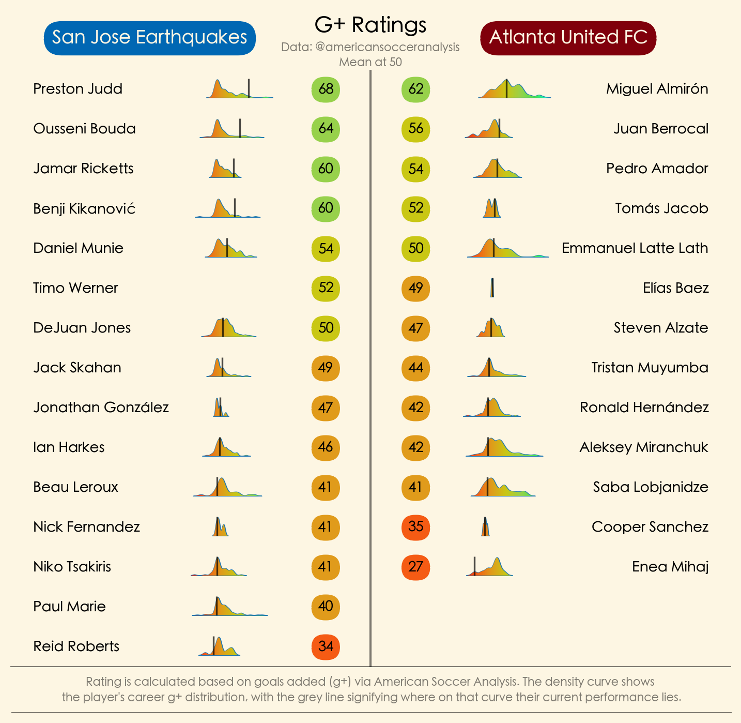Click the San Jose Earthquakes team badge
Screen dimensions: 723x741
[x=150, y=38]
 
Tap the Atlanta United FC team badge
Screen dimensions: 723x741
[x=568, y=38]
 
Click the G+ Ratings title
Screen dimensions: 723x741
[x=371, y=25]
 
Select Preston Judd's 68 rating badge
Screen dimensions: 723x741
[x=326, y=89]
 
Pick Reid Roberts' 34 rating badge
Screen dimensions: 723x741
[x=326, y=646]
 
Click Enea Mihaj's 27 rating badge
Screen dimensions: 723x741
[x=415, y=567]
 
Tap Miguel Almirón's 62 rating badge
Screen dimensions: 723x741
[x=415, y=89]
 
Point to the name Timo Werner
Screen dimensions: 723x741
[x=75, y=288]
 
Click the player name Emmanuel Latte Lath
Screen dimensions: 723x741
[x=635, y=248]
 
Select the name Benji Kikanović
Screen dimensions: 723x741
[x=84, y=208]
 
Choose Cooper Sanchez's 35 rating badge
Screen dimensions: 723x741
[x=415, y=527]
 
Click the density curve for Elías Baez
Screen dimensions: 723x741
[x=492, y=288]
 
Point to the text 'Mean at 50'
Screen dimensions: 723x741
[x=371, y=62]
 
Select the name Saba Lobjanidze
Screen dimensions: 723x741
[x=651, y=487]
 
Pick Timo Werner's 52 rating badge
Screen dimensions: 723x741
[x=326, y=288]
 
